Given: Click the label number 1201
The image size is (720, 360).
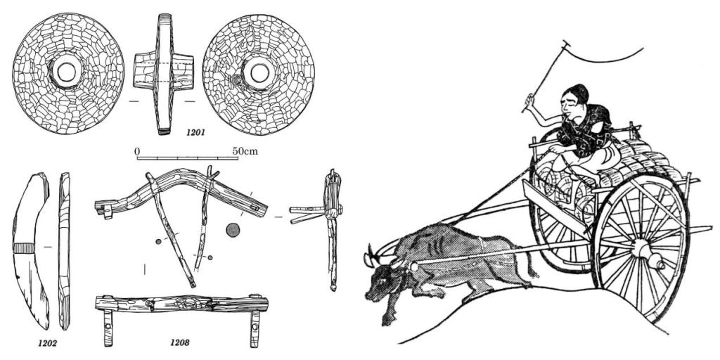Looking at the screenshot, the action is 195,133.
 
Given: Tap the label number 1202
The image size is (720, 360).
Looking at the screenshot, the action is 47,342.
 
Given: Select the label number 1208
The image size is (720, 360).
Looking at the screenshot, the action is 180,342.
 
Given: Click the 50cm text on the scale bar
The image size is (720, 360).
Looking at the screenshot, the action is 245,151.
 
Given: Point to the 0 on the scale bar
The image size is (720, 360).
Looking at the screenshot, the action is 137,151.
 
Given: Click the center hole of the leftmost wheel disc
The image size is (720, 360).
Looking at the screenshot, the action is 67,72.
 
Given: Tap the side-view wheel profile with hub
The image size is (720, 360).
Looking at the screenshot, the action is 163,73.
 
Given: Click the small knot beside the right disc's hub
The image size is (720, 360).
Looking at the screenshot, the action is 238,81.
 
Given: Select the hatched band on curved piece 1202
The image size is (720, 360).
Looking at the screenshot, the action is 25,248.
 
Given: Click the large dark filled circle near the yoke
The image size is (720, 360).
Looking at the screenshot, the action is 233,230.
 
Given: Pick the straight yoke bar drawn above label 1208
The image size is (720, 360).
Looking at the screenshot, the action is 182,304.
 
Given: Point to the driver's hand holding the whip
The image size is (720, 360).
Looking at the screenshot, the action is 530,98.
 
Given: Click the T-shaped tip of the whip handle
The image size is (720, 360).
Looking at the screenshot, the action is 567,44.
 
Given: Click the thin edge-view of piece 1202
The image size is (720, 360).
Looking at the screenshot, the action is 65,251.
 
